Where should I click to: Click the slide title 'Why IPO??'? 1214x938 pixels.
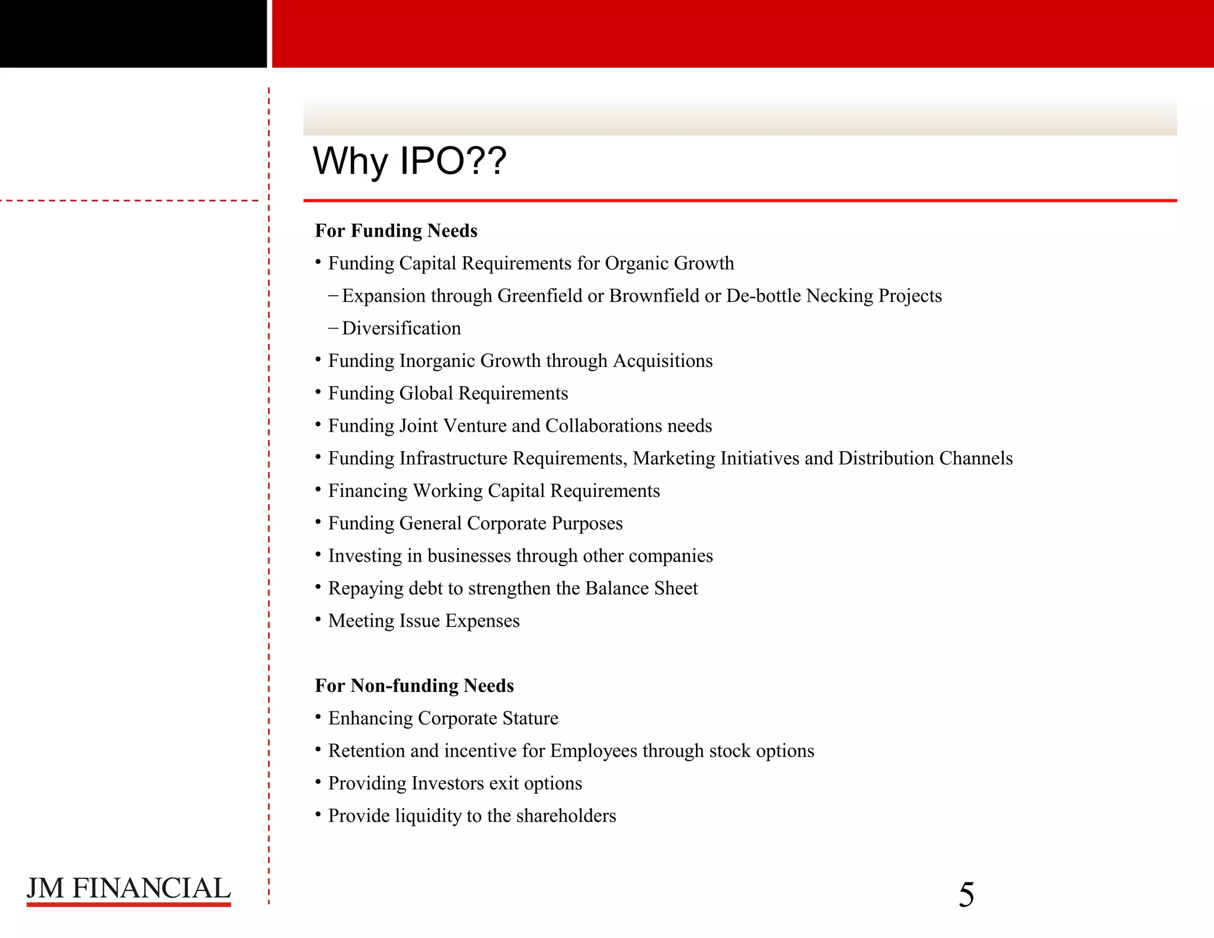coord(409,161)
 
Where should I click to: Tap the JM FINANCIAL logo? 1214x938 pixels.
coord(129,889)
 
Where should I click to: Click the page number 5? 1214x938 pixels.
coord(966,895)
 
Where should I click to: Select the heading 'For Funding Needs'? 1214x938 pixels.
coord(396,231)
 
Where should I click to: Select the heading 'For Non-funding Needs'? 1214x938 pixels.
coord(414,685)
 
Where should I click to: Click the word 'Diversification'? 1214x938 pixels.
coord(401,328)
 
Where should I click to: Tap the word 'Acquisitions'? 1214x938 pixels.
coord(663,361)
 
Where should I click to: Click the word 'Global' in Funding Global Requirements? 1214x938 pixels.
coord(426,394)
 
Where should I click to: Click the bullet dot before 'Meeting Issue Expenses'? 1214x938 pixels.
coord(318,620)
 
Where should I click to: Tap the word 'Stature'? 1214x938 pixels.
coord(530,719)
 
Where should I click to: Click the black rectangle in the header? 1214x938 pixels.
coord(133,34)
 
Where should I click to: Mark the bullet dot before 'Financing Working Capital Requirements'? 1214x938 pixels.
coord(318,490)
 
